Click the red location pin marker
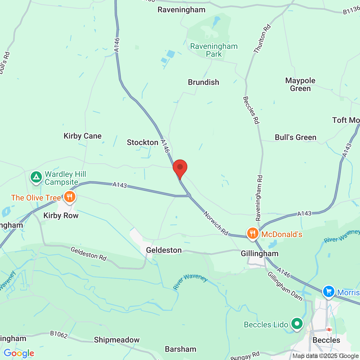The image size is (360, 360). coord(180,168)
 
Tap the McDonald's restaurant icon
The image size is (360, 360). coord(253,233)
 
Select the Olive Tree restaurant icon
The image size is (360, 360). coord(69,197)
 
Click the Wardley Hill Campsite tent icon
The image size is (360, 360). coord(36,177)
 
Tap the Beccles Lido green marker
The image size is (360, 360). coord(297,324)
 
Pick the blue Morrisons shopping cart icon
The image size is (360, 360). coord(328,292)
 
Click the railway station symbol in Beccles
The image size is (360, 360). coord(329,329)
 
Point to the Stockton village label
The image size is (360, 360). coord(143,143)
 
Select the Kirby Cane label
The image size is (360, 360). coord(82,136)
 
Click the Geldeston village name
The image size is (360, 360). coord(164,250)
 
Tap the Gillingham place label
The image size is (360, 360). coord(260,254)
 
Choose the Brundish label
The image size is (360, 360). coord(203,82)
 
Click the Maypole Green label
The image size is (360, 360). coord(300,84)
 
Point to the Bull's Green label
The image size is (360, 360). coord(296,138)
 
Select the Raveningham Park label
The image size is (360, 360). coord(214,50)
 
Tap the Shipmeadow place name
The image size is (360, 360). coord(117,340)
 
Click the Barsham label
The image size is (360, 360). coord(181,349)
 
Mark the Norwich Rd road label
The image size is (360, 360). coord(216,223)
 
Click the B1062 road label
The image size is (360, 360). coord(59,334)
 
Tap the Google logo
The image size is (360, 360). coord(19,353)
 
